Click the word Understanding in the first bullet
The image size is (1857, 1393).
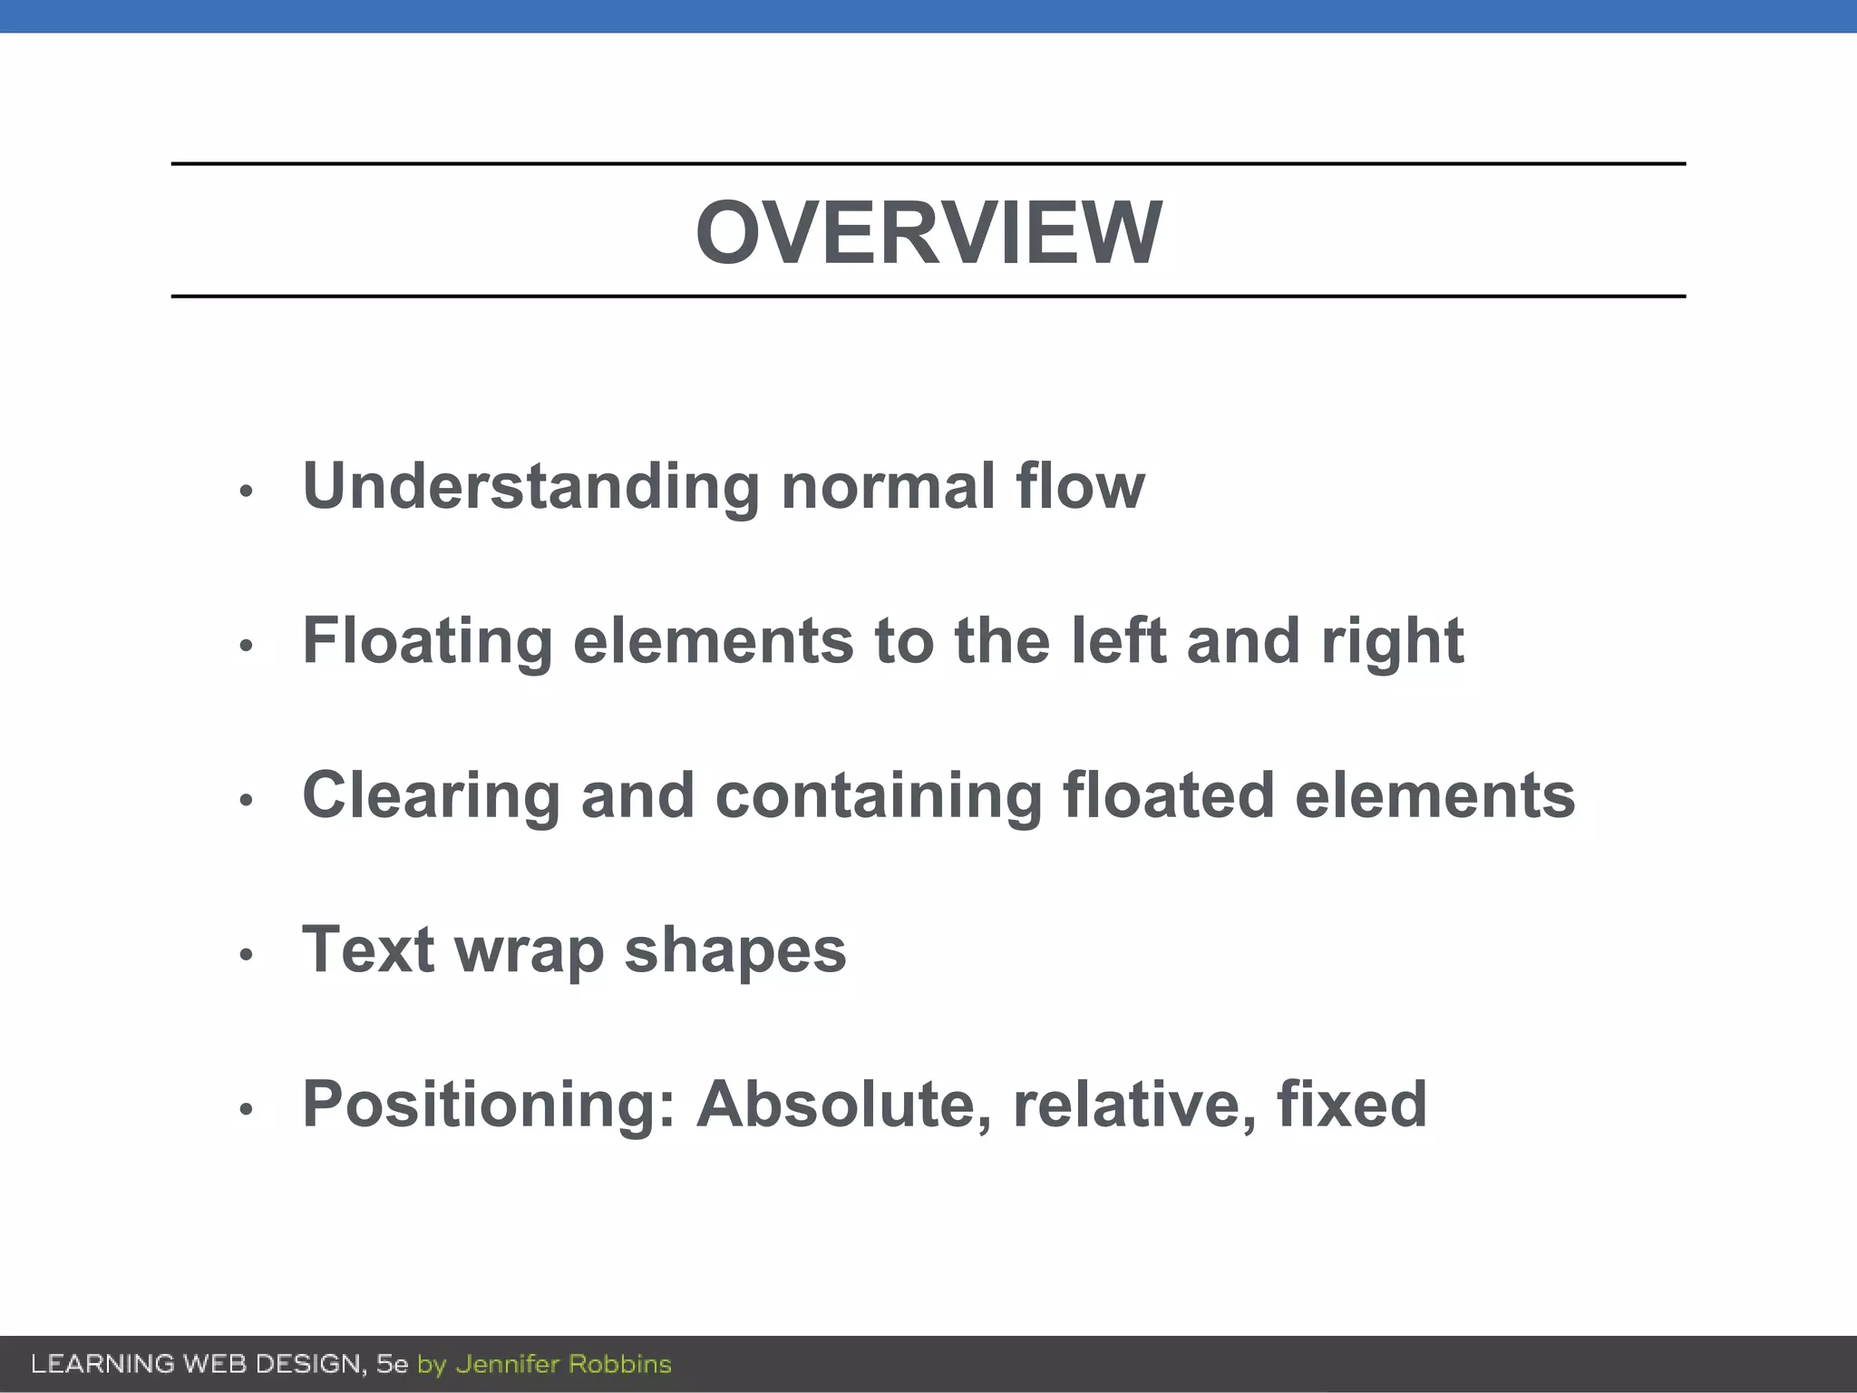coord(530,486)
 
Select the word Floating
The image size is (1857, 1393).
coord(427,641)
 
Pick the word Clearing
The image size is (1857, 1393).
coord(431,795)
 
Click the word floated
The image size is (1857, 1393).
coord(1169,795)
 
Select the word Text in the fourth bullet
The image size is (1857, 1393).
coord(368,950)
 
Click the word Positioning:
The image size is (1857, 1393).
coord(489,1105)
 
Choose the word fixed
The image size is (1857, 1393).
coord(1351,1105)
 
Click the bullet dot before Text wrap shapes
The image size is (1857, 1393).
coord(245,955)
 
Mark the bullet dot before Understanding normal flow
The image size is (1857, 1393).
coord(245,492)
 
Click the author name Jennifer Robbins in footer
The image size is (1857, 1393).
coord(563,1364)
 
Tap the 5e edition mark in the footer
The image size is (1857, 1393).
coord(392,1364)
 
